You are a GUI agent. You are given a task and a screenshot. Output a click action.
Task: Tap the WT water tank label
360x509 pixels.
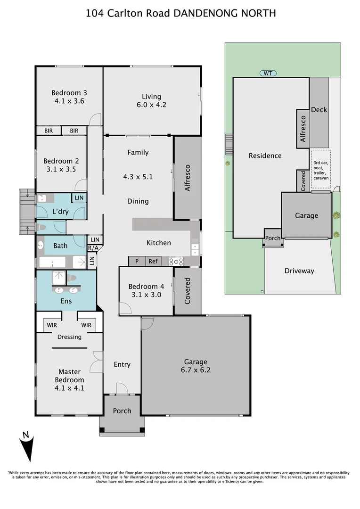(268, 73)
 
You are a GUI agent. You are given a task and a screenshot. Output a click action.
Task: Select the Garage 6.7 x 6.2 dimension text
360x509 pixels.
(196, 370)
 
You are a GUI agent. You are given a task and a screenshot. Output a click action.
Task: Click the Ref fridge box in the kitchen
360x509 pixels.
(153, 261)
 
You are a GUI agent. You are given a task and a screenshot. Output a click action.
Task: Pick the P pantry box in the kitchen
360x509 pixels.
(137, 261)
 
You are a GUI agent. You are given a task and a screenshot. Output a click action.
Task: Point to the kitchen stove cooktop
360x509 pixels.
(176, 261)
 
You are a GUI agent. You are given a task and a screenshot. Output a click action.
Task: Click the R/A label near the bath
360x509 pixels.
(93, 248)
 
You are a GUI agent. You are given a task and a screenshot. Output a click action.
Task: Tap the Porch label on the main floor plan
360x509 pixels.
(122, 411)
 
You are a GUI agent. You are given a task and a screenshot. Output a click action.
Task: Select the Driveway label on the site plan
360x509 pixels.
(299, 271)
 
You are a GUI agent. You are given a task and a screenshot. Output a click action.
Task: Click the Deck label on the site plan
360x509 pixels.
(319, 110)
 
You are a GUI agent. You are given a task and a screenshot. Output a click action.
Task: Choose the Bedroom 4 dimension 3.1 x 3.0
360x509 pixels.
(146, 295)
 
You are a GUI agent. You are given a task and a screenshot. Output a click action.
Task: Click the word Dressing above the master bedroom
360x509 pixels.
(69, 337)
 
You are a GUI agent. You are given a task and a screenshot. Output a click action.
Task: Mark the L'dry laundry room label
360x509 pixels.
(60, 212)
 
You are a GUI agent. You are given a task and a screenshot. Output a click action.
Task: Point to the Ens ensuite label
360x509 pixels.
(66, 300)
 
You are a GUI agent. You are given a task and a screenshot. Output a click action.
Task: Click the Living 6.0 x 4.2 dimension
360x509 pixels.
(151, 105)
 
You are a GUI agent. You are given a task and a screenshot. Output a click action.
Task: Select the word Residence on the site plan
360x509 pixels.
(265, 156)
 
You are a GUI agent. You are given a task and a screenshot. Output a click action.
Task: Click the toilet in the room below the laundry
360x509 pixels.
(42, 228)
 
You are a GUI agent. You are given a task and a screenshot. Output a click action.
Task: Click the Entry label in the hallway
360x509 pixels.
(122, 364)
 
